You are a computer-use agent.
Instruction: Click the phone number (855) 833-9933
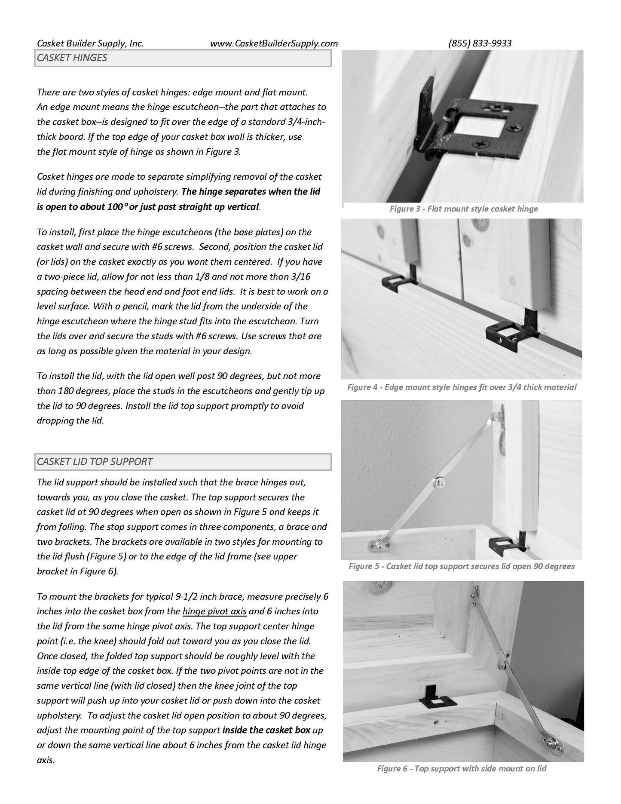coord(480,43)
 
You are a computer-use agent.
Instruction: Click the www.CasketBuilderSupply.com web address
coord(274,43)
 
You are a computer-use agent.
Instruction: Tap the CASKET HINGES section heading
coord(72,58)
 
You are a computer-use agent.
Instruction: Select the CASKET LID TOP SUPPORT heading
coord(95,462)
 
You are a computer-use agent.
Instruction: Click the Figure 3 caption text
coord(464,209)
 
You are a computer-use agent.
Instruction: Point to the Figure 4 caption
coord(462,387)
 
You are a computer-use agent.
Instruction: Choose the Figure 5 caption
coord(462,566)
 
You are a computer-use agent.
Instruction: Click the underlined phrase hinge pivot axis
coord(214,611)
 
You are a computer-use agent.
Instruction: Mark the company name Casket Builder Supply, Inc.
coord(90,43)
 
